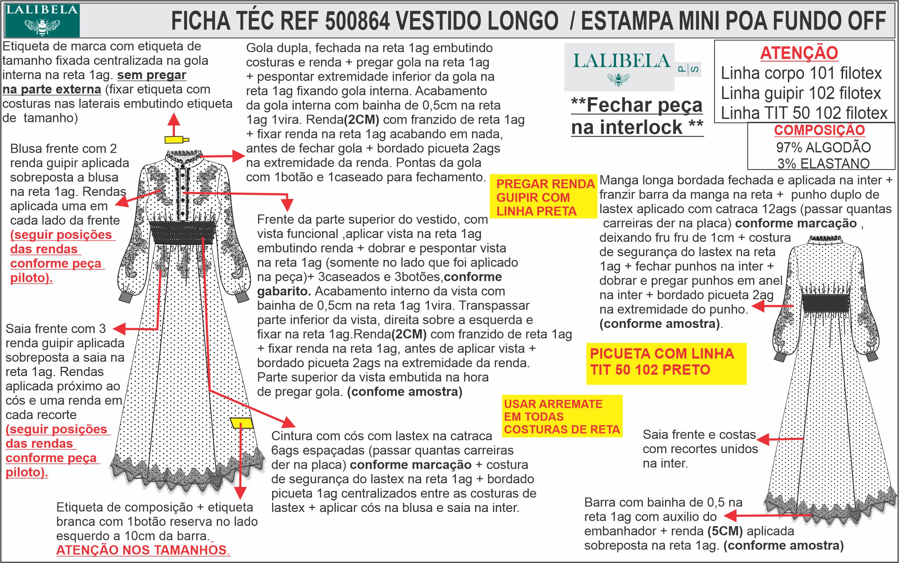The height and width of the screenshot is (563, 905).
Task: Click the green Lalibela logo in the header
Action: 42,21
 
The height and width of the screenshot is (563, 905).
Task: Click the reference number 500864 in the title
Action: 357,21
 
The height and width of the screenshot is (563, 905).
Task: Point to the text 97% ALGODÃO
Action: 823,148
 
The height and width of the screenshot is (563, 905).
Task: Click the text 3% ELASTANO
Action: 823,163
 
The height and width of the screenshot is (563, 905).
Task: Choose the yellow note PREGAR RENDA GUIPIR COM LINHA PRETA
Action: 545,197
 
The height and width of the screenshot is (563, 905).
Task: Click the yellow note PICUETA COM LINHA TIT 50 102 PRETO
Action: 666,362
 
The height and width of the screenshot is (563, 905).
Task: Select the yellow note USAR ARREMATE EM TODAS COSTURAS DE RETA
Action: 562,417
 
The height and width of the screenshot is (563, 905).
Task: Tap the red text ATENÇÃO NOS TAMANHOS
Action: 143,550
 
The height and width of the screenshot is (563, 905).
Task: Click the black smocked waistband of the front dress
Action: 183,232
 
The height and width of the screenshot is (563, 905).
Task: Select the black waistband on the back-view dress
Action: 826,303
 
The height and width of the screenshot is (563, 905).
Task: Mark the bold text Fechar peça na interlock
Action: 637,116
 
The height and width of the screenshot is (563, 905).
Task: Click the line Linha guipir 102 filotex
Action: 801,93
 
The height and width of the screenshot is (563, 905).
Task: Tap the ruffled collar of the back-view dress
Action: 825,238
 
